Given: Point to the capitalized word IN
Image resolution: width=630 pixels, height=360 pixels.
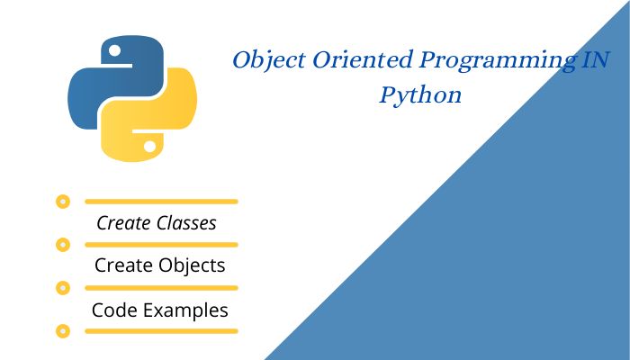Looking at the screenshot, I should pos(596,61).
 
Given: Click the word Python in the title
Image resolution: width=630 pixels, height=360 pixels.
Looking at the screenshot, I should pos(420,95).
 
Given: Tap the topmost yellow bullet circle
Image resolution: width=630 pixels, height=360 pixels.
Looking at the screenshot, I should pos(62,202).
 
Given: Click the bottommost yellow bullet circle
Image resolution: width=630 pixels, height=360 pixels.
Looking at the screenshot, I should pos(62,331).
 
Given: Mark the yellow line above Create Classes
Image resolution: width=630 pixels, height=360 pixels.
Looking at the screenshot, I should pos(160,202).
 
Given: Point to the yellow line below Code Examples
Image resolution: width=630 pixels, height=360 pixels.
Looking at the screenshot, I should pos(160,331).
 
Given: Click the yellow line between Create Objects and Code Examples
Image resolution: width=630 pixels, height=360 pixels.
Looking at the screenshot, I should pos(160,288).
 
